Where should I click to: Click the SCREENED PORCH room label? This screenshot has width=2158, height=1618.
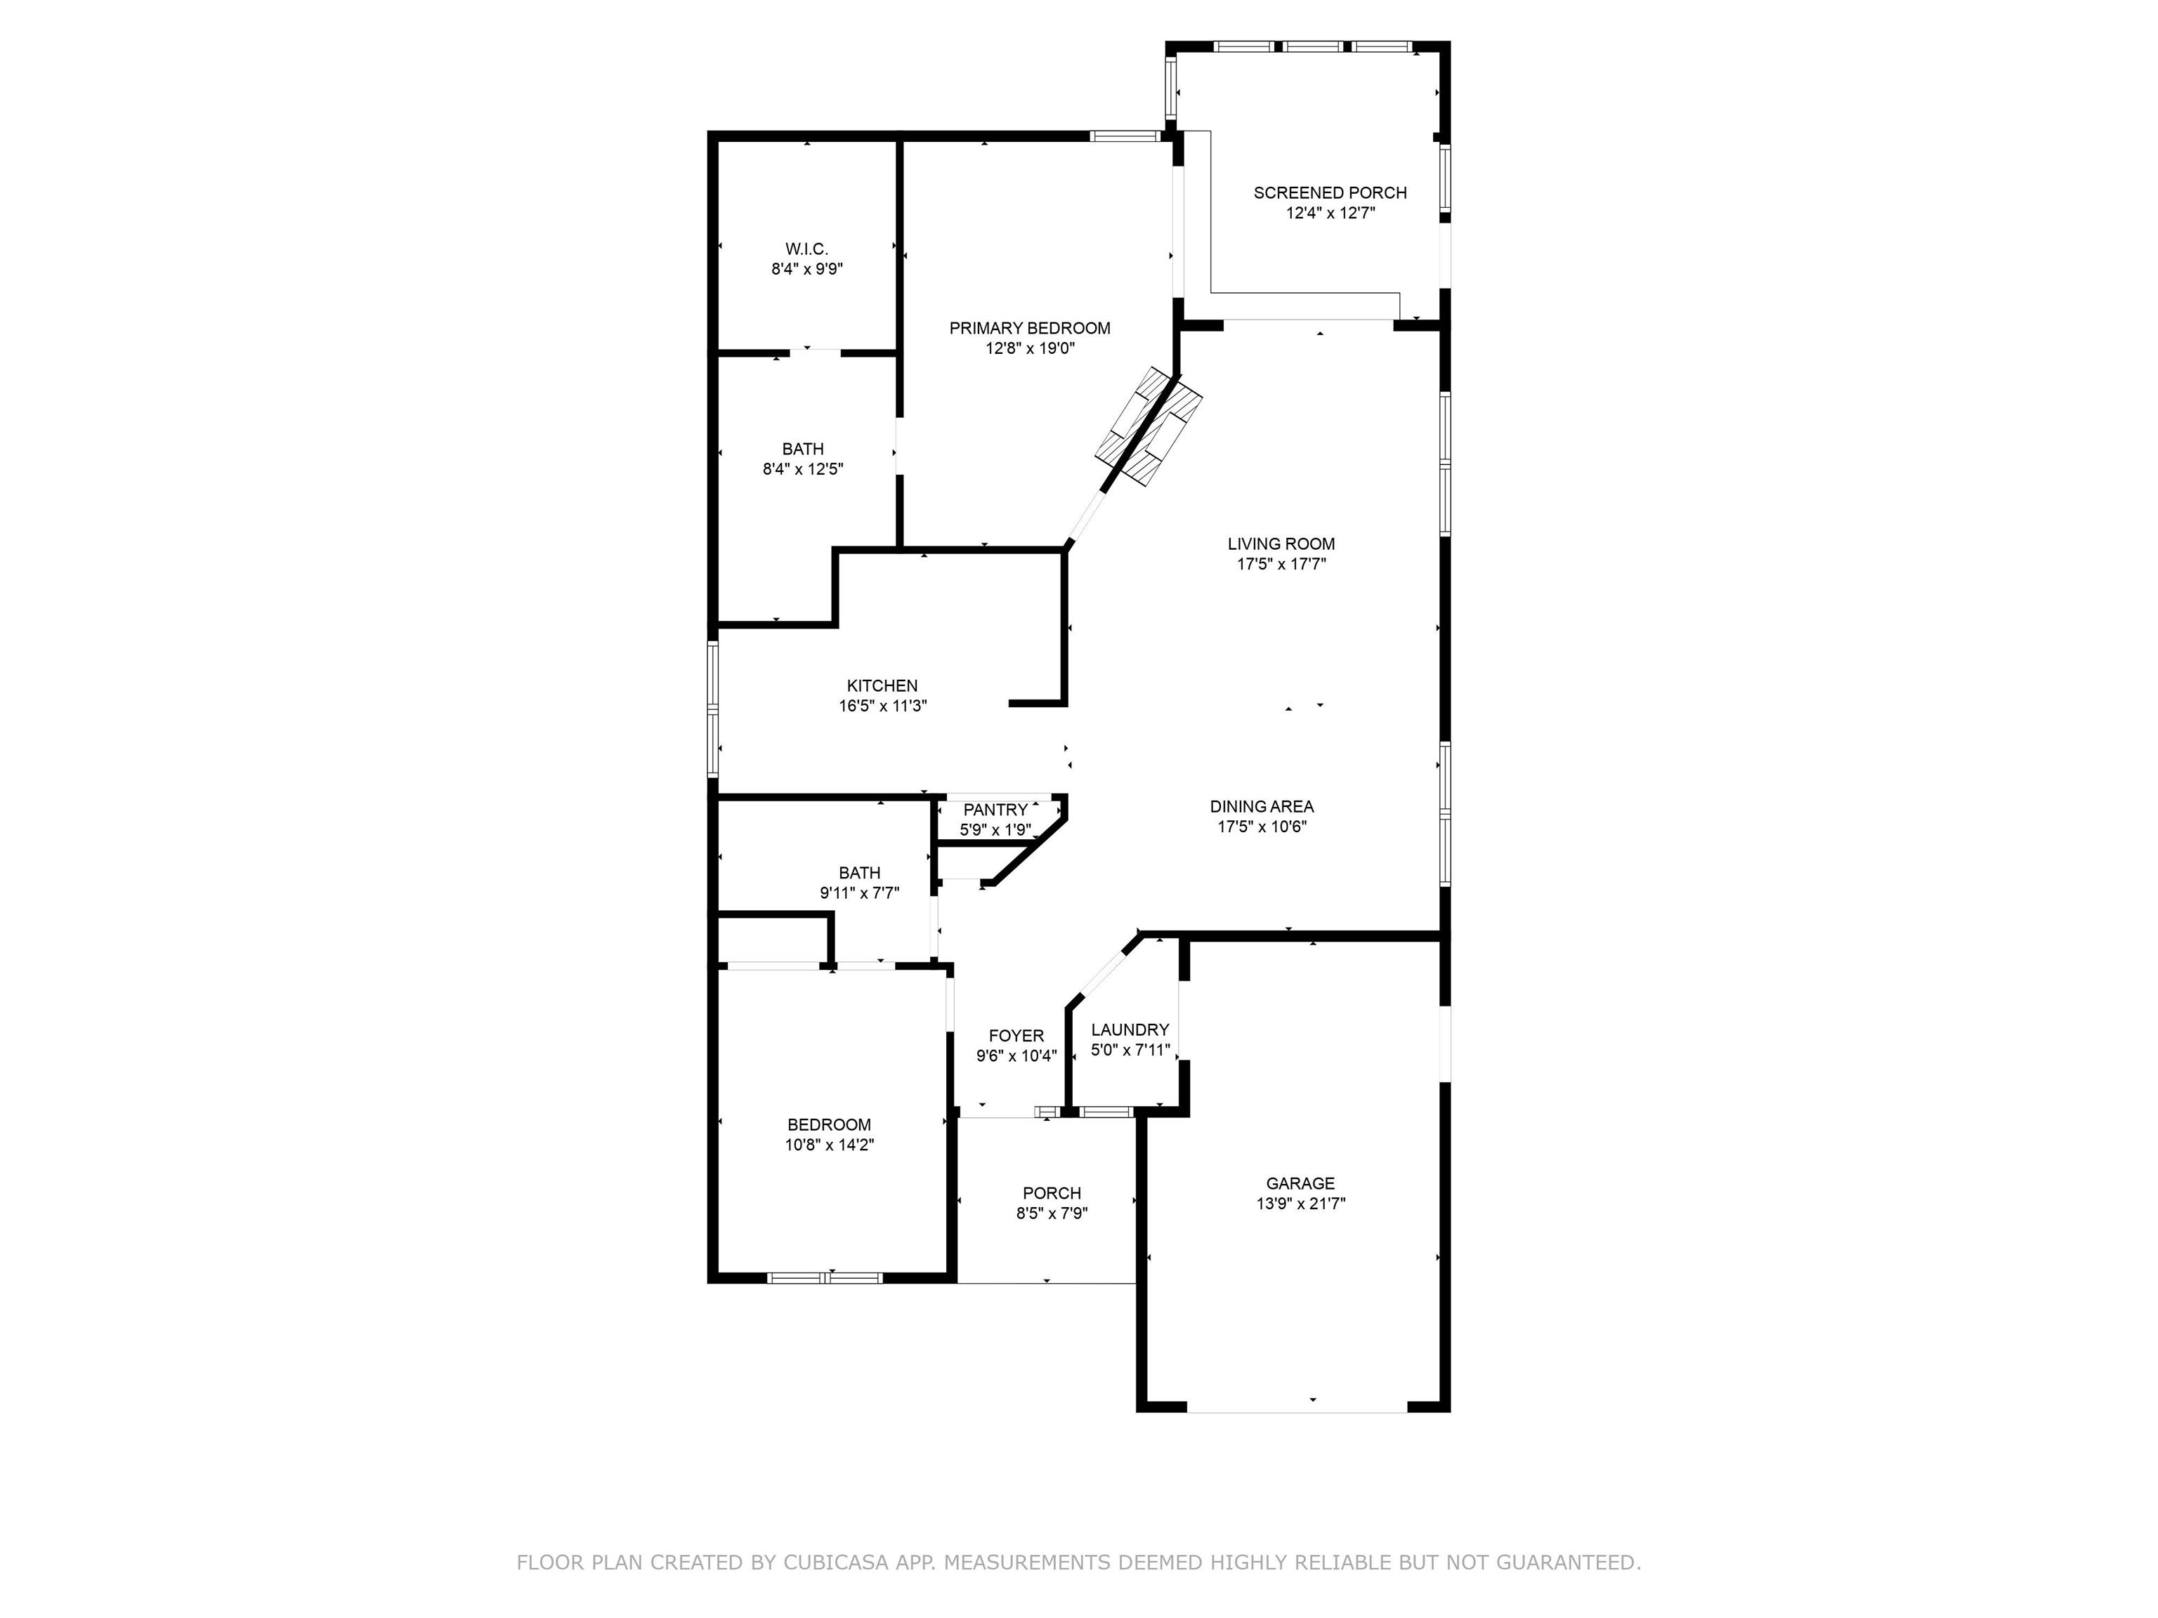[1330, 193]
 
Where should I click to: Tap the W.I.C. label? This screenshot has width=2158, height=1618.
[807, 250]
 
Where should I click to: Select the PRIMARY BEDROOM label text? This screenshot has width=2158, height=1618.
[1029, 329]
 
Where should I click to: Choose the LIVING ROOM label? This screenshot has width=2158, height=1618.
[1281, 544]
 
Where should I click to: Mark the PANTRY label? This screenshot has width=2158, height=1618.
[995, 810]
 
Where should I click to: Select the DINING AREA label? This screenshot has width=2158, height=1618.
[1262, 807]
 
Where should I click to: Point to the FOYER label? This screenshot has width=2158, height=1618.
[1016, 1036]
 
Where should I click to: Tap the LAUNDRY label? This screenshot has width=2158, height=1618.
[1130, 1030]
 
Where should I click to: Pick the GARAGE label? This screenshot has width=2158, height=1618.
[1300, 1183]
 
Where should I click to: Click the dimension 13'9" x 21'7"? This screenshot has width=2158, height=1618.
[1300, 1204]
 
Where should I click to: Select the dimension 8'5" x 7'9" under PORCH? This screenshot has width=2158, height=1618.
[1052, 1213]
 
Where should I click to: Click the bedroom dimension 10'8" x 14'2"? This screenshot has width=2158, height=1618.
[829, 1145]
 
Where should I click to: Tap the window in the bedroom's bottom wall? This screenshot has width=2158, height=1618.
[825, 1277]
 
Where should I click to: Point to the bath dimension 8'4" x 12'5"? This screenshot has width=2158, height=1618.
[803, 469]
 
